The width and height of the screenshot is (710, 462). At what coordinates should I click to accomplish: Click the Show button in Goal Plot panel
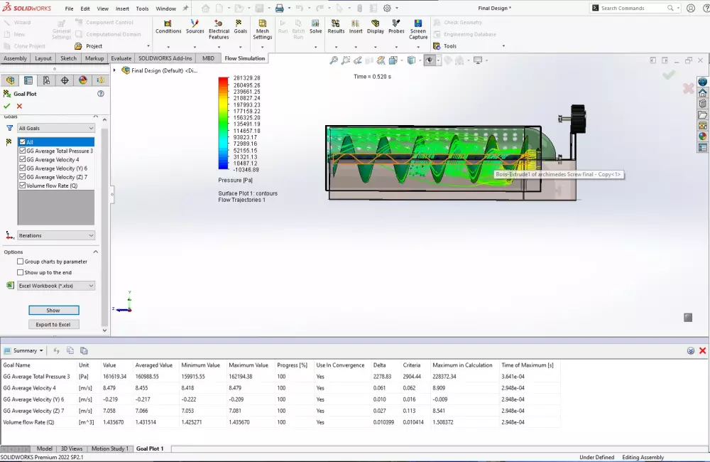[53, 311]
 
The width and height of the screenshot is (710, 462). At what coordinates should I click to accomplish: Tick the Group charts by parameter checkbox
[21, 262]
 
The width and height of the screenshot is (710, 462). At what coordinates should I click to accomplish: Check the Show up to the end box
[21, 272]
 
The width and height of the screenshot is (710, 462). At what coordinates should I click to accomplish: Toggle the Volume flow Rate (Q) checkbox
[23, 186]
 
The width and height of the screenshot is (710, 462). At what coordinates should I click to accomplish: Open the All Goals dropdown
[56, 128]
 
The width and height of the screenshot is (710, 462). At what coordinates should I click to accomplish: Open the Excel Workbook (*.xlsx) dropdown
[56, 286]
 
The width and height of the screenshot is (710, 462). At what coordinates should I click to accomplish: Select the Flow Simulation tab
[244, 58]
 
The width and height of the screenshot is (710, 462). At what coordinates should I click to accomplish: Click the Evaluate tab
[121, 58]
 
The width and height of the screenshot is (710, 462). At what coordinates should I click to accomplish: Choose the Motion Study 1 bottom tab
[110, 448]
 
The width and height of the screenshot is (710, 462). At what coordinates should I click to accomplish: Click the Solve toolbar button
[315, 26]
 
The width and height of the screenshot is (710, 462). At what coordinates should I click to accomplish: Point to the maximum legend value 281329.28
[246, 77]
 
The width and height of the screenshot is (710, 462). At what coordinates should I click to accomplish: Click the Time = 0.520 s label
[372, 76]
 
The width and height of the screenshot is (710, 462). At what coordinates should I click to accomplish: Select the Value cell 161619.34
[114, 377]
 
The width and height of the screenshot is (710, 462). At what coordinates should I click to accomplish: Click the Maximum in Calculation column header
[462, 365]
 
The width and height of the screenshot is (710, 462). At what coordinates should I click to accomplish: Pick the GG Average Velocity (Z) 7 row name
[35, 411]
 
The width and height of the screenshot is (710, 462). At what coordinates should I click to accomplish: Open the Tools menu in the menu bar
[142, 9]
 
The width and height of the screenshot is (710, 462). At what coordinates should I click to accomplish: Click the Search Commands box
[632, 8]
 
